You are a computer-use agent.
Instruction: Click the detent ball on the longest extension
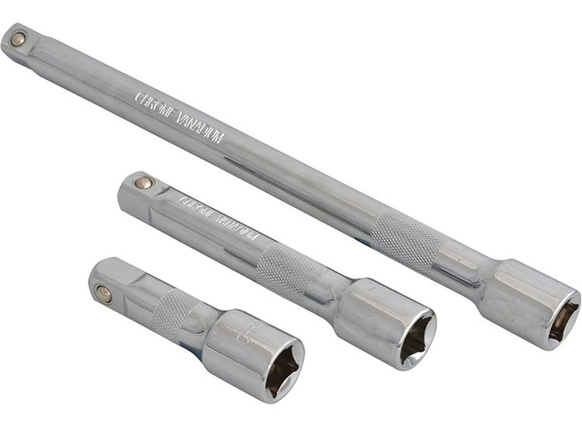pyautogui.click(x=17, y=38)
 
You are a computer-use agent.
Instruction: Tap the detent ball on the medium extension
pyautogui.click(x=144, y=183)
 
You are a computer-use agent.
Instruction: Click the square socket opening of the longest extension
pyautogui.click(x=563, y=321)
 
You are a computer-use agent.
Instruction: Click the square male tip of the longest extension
pyautogui.click(x=19, y=43)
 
